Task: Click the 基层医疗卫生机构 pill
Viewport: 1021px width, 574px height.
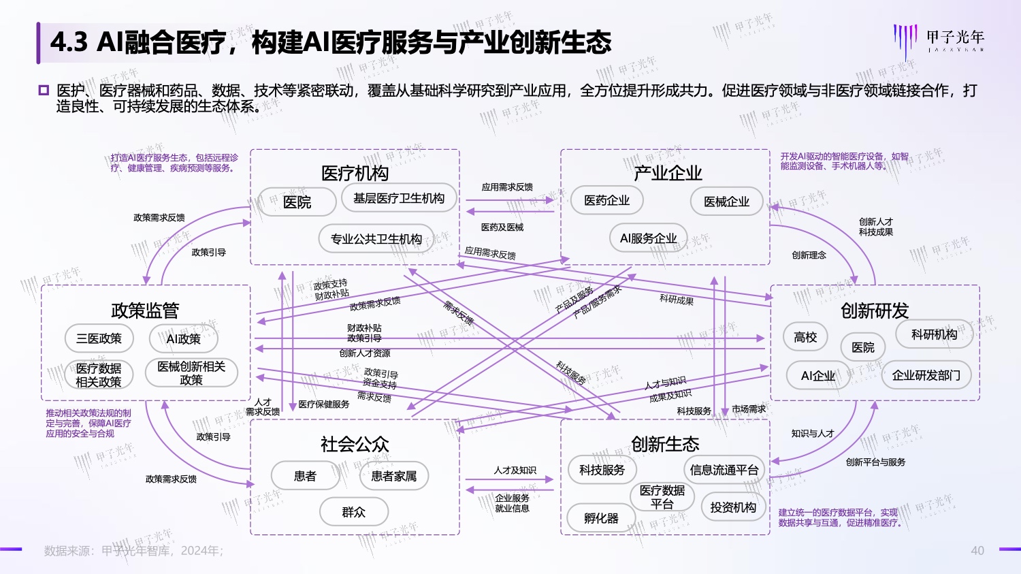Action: click(x=399, y=198)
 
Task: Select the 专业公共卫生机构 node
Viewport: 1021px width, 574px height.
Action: click(x=376, y=239)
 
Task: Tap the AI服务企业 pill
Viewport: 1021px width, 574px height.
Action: click(x=648, y=238)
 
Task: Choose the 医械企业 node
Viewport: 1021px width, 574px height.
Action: click(x=726, y=202)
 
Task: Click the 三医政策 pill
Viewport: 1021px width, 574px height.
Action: click(x=99, y=338)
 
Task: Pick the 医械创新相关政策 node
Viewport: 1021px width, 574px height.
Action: click(x=191, y=373)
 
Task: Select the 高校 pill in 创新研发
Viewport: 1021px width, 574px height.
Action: click(x=805, y=337)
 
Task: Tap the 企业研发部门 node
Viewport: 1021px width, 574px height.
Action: click(x=926, y=375)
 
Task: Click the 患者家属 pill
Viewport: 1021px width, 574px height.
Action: click(x=393, y=476)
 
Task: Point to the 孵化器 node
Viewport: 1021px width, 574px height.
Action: click(x=601, y=518)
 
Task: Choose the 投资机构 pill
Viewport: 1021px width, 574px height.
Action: click(x=733, y=507)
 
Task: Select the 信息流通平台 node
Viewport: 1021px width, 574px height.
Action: click(x=724, y=470)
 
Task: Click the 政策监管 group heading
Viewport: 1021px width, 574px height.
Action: click(x=145, y=310)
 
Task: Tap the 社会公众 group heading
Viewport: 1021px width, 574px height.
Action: click(x=355, y=445)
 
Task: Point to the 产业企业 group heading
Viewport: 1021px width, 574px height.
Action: click(x=668, y=173)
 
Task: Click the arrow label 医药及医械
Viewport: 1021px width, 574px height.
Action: click(x=502, y=227)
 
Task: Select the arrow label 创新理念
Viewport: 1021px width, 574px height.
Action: click(x=809, y=255)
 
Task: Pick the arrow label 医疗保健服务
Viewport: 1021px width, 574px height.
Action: click(x=324, y=404)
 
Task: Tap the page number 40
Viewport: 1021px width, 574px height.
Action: click(x=977, y=551)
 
